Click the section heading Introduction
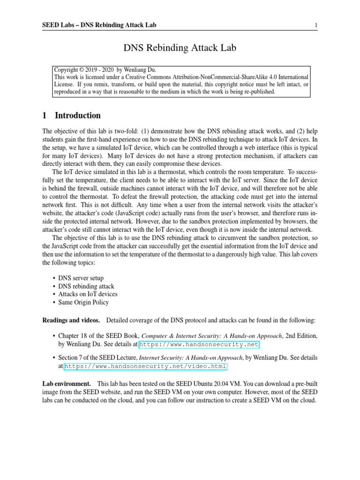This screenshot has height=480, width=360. [x=78, y=115]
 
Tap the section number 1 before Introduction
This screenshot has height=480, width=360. [x=45, y=115]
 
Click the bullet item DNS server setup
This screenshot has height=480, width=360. [x=81, y=278]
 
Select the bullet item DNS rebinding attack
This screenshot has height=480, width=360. [x=86, y=286]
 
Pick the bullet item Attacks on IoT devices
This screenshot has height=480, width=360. [x=88, y=294]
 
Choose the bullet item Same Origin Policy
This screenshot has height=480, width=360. [x=83, y=302]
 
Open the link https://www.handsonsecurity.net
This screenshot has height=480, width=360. [x=199, y=345]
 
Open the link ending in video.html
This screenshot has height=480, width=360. [x=145, y=366]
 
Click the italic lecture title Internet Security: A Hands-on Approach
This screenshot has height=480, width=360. [x=191, y=358]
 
